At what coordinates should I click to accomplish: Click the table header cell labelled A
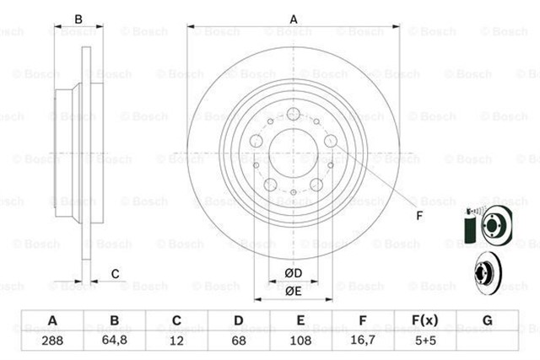coord(52,321)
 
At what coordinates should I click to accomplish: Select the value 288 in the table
coord(52,342)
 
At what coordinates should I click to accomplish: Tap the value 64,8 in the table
coord(115,342)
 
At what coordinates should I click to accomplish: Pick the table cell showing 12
coord(177,342)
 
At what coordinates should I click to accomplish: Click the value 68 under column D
coord(239,342)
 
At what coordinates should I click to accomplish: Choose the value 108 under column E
coord(301,342)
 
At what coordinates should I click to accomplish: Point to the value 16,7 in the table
coord(363,342)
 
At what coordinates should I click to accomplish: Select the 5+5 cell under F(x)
coord(425,342)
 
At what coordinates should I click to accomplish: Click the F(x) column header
coord(425,321)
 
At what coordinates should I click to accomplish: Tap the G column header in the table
coord(487,321)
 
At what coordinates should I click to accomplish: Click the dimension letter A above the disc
coord(293,18)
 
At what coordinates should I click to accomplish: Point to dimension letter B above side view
coord(78,18)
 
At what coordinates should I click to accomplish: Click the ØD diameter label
coord(293,273)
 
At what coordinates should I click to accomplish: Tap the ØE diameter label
coord(293,291)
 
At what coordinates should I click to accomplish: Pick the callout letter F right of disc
coord(419,215)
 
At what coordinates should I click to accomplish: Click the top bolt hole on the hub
coord(293,116)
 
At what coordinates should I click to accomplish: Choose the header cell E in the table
coord(301,321)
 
